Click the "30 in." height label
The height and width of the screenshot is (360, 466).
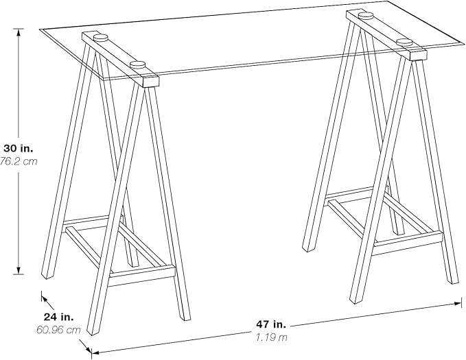[x=18, y=147]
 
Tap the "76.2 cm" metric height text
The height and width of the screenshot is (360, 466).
[x=19, y=161]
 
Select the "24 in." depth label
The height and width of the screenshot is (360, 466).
[x=58, y=317]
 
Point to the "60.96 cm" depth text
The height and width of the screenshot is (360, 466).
[x=58, y=330]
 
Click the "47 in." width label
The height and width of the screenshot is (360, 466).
[x=271, y=324]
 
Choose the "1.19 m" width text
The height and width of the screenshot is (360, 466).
[x=272, y=337]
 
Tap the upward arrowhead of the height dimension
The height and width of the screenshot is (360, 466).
[x=19, y=32]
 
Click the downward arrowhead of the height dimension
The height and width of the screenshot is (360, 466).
[x=19, y=270]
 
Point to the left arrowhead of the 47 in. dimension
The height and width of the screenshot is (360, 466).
[x=95, y=353]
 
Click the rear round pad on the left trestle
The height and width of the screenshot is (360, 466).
[x=101, y=38]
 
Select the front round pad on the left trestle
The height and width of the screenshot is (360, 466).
[x=137, y=64]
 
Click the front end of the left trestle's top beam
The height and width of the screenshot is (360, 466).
[x=151, y=82]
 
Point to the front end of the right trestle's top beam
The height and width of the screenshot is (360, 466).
[x=418, y=56]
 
